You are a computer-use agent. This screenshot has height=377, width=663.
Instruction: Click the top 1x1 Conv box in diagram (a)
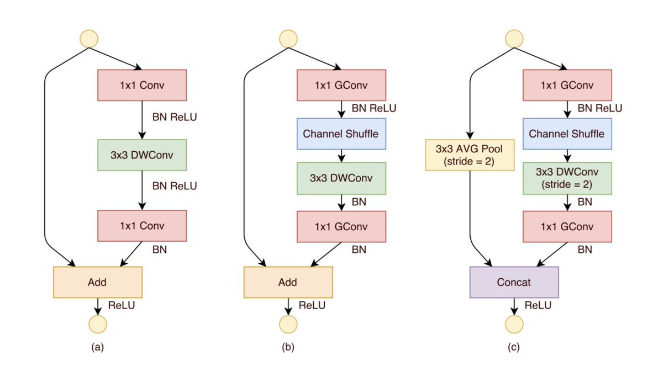coord(143,86)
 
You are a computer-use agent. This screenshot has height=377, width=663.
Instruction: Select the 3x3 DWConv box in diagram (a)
coord(143,155)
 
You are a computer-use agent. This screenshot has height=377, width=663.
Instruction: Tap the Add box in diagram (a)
coord(98,282)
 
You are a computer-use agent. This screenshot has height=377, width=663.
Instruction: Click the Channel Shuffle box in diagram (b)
coord(341,134)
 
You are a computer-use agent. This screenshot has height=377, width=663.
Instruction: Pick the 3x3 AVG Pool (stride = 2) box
coord(470,155)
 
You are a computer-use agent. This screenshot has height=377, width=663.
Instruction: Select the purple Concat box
coord(514,282)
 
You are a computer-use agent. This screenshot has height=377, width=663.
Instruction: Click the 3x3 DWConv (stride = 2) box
coord(567,178)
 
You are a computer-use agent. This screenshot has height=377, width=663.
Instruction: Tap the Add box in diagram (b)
coord(288,282)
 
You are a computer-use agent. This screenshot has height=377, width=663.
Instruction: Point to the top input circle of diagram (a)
coord(89,39)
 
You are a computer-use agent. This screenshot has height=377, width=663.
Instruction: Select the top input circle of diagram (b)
coord(288,39)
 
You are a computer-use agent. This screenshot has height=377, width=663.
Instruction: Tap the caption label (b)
coord(288,348)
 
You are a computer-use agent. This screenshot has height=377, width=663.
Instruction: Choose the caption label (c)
coord(514,348)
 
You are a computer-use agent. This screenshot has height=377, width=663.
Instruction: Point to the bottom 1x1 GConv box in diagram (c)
coord(567,226)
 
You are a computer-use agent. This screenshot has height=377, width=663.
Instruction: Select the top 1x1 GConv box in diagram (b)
coord(341,86)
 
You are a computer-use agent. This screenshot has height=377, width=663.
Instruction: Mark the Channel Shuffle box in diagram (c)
coord(567,134)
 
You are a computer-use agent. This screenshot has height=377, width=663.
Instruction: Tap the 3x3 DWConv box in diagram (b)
coord(341,178)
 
